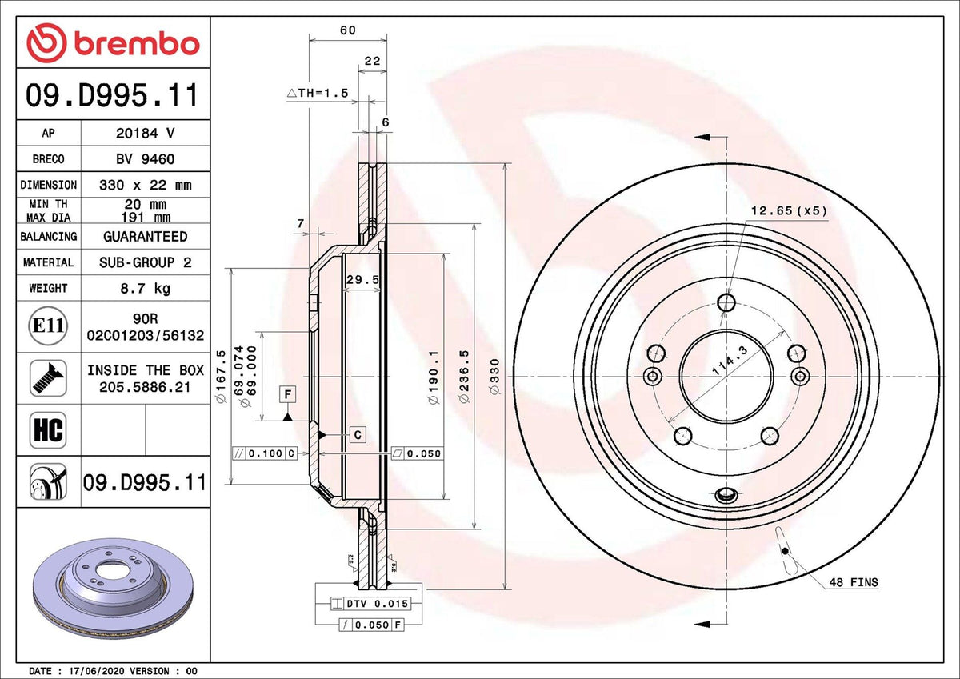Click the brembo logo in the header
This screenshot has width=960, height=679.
[x=113, y=42]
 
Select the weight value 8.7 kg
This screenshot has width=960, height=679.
[x=146, y=288]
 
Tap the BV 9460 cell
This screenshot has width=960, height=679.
[x=146, y=159]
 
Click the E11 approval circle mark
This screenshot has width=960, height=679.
[x=48, y=326]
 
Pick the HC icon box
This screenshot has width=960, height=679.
[x=48, y=429]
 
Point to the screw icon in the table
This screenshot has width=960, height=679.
[x=48, y=377]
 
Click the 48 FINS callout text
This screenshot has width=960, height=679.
[x=854, y=582]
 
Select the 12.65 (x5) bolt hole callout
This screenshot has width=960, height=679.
[x=789, y=211]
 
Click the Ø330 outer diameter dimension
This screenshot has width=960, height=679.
[x=494, y=377]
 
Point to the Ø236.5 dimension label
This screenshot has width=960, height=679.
[x=464, y=377]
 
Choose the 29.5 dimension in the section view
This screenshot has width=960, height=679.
[x=362, y=279]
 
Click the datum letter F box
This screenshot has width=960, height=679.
[x=287, y=393]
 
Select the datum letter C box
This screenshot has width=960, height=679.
[x=358, y=435]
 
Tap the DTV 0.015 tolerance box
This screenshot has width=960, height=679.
[x=371, y=604]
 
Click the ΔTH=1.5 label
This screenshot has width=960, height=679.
[x=318, y=93]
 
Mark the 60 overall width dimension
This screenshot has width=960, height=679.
[x=347, y=30]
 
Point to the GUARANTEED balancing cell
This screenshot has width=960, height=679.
[x=146, y=237]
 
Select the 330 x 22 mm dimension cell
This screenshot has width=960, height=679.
[x=146, y=185]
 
